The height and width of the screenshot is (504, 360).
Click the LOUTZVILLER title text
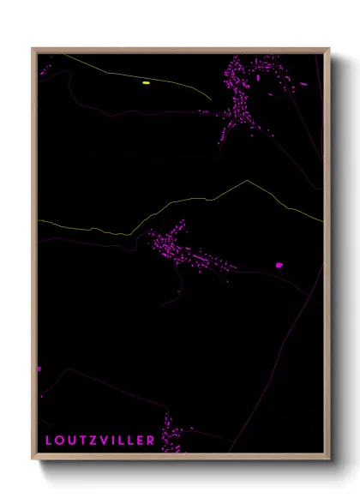(100, 441)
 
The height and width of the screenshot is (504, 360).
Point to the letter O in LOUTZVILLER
(57, 441)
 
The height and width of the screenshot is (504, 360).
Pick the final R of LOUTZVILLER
(151, 441)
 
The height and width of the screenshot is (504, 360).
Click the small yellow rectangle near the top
(146, 83)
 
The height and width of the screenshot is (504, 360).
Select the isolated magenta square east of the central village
(279, 266)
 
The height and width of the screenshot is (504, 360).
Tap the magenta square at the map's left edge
(39, 369)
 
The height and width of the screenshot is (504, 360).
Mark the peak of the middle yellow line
(248, 181)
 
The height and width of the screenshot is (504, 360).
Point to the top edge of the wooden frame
(180, 49)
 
